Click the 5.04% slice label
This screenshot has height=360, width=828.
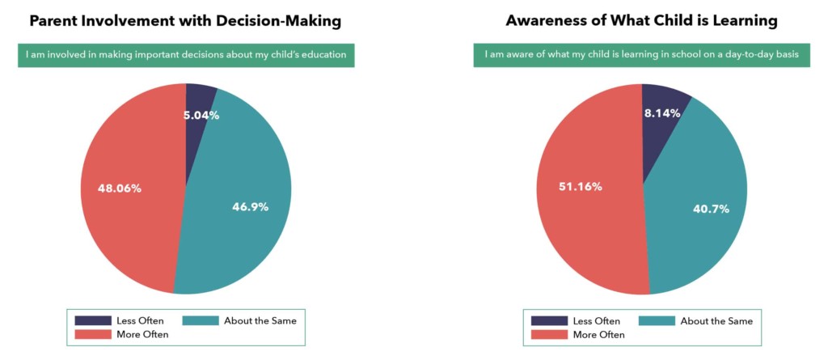tap(202, 115)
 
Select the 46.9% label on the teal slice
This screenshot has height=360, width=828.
tap(250, 206)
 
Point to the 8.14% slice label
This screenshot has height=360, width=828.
tap(662, 113)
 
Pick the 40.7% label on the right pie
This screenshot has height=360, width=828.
tap(711, 209)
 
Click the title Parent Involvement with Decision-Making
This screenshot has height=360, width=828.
tap(185, 20)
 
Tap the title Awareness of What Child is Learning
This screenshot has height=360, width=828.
tap(642, 20)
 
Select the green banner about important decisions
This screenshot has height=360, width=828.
tap(186, 55)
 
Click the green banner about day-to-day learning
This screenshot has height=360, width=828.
tap(642, 55)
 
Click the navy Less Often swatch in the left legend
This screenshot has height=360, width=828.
tap(93, 320)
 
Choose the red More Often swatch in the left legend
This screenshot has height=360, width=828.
tap(93, 334)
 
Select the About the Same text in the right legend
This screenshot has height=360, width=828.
tap(716, 321)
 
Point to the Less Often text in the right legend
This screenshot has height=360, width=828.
tap(596, 321)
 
